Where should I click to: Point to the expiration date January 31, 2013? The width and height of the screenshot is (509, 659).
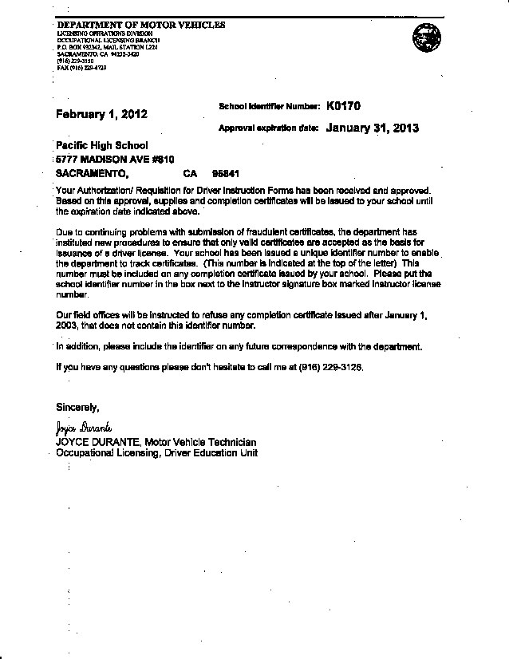372,128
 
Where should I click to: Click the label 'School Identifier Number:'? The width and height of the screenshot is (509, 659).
268,106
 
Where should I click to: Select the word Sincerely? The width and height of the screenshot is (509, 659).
77,408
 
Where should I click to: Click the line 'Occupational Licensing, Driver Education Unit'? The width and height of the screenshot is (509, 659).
156,452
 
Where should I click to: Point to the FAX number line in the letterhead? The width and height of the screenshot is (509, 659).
81,69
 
